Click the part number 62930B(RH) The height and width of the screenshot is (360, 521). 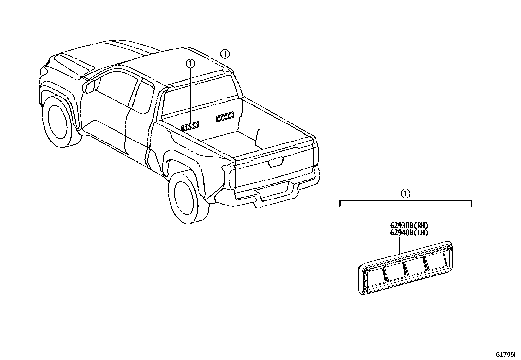tap(409, 225)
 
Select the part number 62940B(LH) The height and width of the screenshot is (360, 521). tap(409, 233)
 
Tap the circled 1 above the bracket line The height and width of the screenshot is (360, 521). tap(405, 194)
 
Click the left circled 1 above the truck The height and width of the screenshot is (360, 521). tap(190, 63)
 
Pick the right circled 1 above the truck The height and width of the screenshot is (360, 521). tap(225, 53)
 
